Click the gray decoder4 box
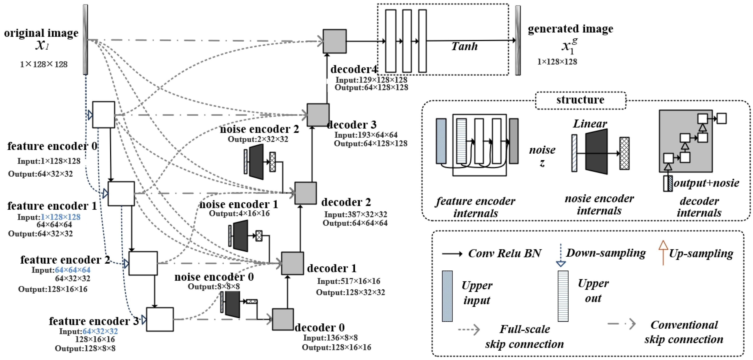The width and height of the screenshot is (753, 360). tap(334, 41)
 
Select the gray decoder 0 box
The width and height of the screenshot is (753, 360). tap(283, 319)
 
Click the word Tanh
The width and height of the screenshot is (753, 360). tap(464, 46)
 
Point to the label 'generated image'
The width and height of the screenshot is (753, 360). tap(570, 29)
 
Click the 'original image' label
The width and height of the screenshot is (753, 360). tap(41, 33)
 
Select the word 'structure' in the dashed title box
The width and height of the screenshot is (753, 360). tap(580, 100)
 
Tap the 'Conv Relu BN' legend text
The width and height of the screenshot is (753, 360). tap(504, 253)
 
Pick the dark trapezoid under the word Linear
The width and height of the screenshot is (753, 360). tap(596, 152)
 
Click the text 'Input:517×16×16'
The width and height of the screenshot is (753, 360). tap(348, 281)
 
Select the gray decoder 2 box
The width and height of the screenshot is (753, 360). tap(305, 193)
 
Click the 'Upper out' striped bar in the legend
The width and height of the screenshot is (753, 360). tap(563, 296)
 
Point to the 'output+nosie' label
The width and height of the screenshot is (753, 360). tap(706, 183)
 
